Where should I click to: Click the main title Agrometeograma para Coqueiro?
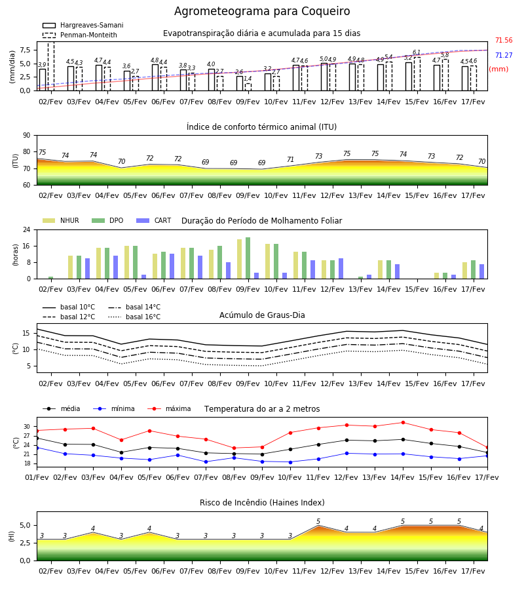coord(262,11)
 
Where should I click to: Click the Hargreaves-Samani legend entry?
coord(83,25)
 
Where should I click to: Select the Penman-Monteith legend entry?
coord(80,35)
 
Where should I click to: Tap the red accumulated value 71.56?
coord(504,40)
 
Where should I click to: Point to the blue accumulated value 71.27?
coord(504,55)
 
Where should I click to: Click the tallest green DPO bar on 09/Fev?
coord(248,258)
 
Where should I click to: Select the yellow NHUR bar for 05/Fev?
coord(126,262)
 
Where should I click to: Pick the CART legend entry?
coord(154,220)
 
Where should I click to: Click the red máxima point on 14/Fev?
coord(403,423)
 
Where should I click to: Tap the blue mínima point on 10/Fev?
coord(290,462)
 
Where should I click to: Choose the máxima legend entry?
coord(169,408)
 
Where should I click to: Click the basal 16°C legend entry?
coord(134,317)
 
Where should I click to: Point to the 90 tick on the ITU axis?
coord(27,136)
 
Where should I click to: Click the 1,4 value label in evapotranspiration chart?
coord(248,79)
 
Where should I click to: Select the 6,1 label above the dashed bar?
coord(417,52)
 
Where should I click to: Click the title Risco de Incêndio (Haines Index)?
coord(262,503)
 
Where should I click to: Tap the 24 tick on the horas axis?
coord(27,229)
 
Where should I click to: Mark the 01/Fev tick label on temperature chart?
coord(37,477)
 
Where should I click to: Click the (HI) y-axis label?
coord(11,536)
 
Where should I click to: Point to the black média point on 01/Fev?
coord(37,438)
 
